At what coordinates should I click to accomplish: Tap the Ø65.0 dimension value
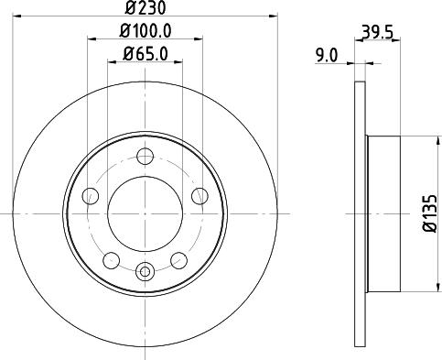pos(145,54)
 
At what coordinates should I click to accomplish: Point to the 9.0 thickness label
pos(327,56)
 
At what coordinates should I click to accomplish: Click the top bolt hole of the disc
pos(145,156)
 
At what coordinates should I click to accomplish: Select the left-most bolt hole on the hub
pos(90,196)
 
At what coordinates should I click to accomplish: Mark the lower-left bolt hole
pos(111,259)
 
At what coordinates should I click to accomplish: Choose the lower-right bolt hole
pos(178,259)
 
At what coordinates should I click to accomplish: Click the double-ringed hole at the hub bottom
pos(145,271)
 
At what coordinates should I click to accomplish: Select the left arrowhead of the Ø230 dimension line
pos(24,16)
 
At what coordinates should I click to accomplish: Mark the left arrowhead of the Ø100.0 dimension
pos(92,39)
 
